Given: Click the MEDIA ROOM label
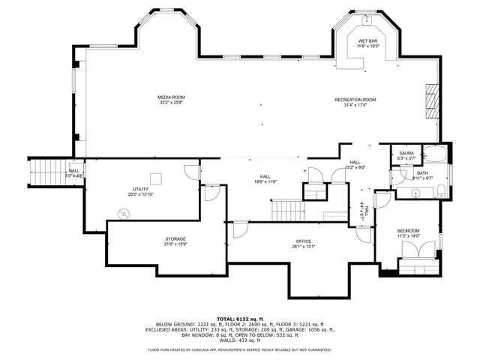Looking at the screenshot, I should pyautogui.click(x=171, y=97).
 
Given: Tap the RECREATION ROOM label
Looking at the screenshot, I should pyautogui.click(x=355, y=100).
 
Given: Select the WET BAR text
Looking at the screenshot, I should pyautogui.click(x=367, y=40).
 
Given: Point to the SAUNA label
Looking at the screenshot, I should pyautogui.click(x=406, y=153).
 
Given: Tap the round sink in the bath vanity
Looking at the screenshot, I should pyautogui.click(x=415, y=193).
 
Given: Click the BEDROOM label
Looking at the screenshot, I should pyautogui.click(x=409, y=230).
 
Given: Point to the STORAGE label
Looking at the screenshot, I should pyautogui.click(x=175, y=239).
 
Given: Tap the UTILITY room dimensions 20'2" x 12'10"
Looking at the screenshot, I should pyautogui.click(x=141, y=194).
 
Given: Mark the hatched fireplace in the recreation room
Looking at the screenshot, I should pyautogui.click(x=431, y=97).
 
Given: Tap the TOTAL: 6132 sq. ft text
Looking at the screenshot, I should pyautogui.click(x=240, y=318).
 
